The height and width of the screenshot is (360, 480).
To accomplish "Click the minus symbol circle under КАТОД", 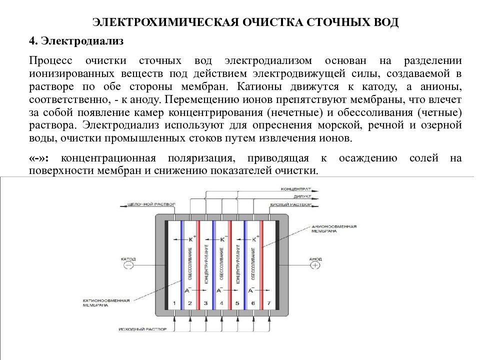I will coord(128,266).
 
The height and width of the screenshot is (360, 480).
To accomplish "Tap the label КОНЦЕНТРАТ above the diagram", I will coord(296,189).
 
